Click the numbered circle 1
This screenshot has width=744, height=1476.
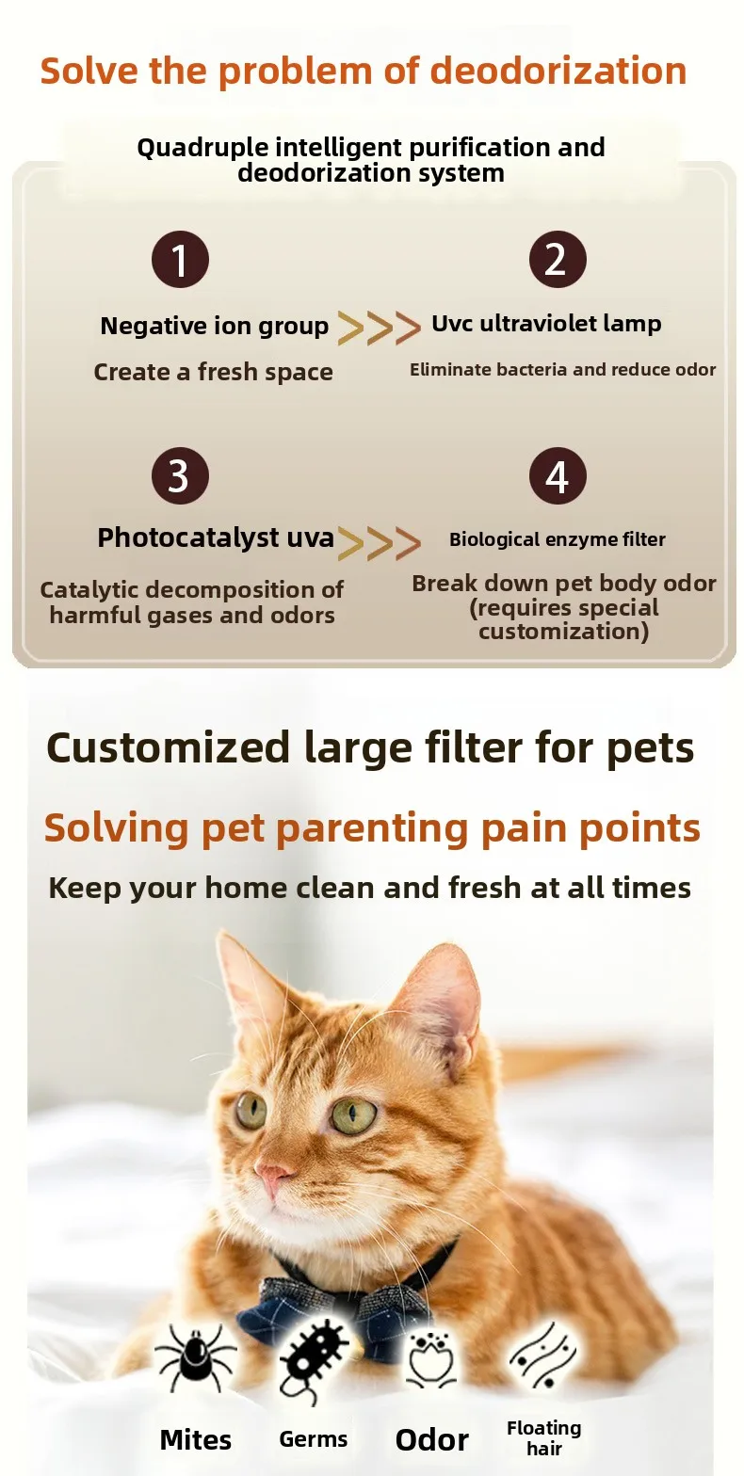(180, 259)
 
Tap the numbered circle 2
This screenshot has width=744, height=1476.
(558, 259)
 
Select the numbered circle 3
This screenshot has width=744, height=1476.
(180, 475)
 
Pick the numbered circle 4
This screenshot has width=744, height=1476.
(558, 475)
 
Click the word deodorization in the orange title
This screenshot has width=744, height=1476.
(558, 72)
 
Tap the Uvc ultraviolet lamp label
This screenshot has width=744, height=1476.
(546, 324)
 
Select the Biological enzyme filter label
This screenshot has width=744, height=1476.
(558, 539)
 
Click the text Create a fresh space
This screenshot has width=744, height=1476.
(213, 373)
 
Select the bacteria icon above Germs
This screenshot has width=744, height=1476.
(313, 1363)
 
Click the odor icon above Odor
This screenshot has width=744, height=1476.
(431, 1358)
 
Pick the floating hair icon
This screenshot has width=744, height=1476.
(544, 1356)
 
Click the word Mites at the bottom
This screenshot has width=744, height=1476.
(195, 1440)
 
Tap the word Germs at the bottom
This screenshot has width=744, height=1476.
(313, 1439)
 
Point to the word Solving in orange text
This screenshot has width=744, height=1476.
(116, 828)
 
